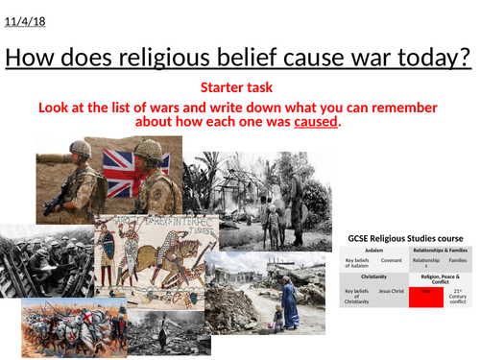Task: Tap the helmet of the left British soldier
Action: coord(80,150)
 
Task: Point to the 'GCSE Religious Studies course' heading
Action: coord(409,238)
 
